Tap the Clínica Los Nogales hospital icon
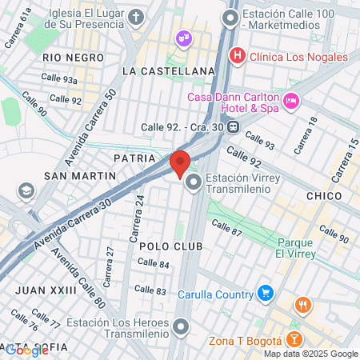(237, 57)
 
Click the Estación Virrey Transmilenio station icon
(194, 184)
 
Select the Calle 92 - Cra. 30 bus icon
(233, 126)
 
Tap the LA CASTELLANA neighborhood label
(169, 71)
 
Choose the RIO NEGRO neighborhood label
(74, 58)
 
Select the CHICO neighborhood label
(324, 196)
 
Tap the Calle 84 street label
(153, 264)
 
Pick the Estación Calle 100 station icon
(231, 17)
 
